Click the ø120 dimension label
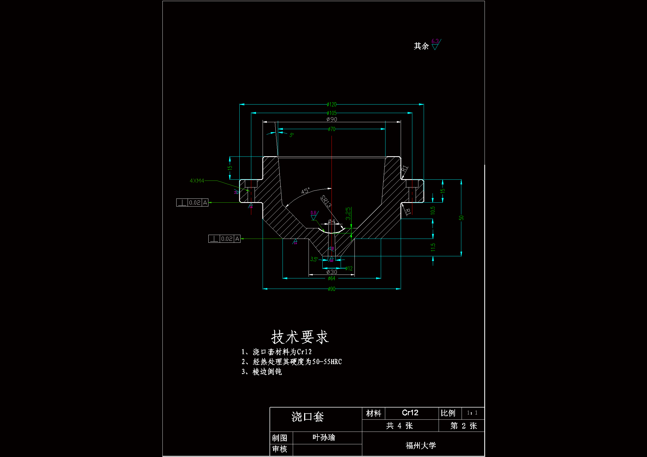tap(332, 105)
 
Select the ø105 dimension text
tap(332, 113)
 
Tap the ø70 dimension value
tap(332, 129)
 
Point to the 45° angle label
tap(305, 191)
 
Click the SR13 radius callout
tap(326, 201)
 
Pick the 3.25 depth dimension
tap(348, 214)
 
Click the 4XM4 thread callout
tap(197, 181)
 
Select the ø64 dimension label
tap(332, 278)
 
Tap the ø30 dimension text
tap(332, 272)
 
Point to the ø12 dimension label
tap(349, 269)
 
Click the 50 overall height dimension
tap(461, 218)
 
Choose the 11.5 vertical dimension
tap(433, 247)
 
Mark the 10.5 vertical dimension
tap(433, 210)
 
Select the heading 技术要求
tap(300, 337)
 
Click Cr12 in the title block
tap(410, 413)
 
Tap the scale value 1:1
tap(472, 413)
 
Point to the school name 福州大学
tap(421, 445)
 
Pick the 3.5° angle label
tap(314, 259)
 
